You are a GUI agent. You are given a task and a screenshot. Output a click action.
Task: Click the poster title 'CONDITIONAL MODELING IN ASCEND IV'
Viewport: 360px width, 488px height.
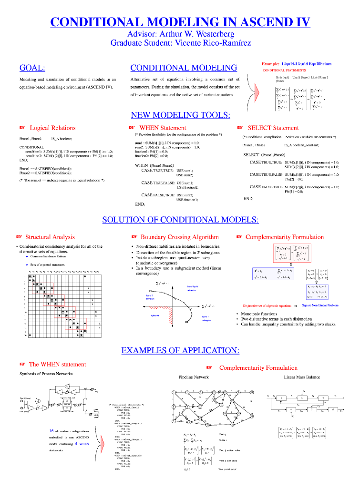(180, 22)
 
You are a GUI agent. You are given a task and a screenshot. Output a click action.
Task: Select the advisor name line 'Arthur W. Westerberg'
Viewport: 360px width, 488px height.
(180, 34)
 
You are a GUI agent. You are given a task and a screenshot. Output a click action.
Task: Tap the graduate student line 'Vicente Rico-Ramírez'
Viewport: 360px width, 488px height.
(180, 43)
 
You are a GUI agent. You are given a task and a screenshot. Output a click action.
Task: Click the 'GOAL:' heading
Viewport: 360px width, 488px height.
(32, 68)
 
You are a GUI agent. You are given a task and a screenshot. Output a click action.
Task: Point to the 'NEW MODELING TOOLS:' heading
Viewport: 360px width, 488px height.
(180, 115)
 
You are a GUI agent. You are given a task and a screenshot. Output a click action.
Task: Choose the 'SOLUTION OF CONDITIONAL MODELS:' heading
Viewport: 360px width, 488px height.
(180, 220)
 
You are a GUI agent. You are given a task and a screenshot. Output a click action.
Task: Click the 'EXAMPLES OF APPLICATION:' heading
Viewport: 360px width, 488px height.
(180, 351)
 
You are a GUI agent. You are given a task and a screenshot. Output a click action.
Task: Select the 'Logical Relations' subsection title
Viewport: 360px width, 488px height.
(52, 128)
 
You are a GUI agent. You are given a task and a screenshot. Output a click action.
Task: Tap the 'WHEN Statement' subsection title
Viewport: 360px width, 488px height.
(162, 128)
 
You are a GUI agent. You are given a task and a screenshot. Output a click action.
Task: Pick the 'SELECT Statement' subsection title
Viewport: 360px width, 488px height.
(273, 128)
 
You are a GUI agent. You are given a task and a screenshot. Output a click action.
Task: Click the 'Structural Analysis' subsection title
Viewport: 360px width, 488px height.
(50, 237)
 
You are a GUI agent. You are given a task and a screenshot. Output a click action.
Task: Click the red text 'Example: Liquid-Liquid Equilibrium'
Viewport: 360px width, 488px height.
(297, 64)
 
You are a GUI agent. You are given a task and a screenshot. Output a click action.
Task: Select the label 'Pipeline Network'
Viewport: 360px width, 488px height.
(194, 377)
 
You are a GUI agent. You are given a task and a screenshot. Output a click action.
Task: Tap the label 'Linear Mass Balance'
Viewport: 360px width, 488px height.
(302, 377)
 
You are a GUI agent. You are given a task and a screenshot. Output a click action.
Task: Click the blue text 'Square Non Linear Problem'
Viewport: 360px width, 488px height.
(320, 305)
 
